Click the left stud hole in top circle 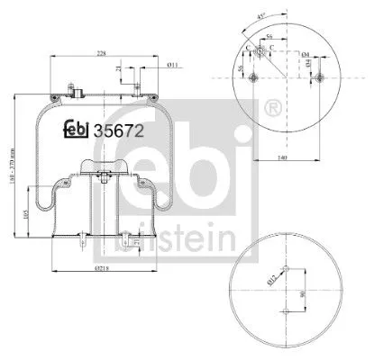click(259, 76)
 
